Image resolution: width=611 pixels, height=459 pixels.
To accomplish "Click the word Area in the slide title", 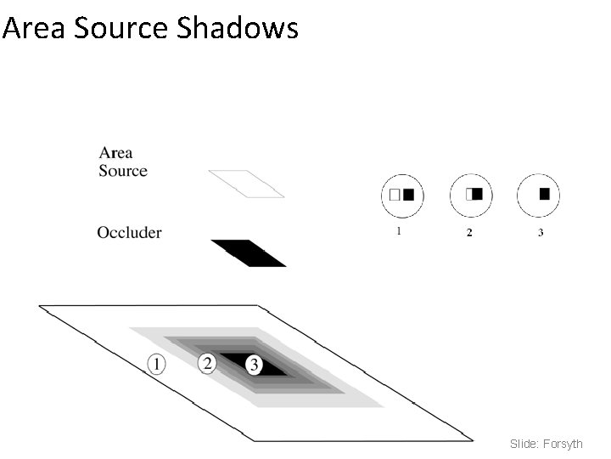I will pyautogui.click(x=34, y=28).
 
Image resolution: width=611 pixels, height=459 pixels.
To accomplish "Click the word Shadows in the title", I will pyautogui.click(x=238, y=28).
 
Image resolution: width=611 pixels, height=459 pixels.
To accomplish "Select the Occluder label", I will pyautogui.click(x=129, y=232).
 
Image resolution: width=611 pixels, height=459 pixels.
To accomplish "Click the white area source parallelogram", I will pyautogui.click(x=246, y=184).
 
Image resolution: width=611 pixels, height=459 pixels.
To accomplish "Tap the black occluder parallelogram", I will pyautogui.click(x=249, y=253).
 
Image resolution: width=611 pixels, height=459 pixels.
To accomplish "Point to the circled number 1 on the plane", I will pyautogui.click(x=156, y=365).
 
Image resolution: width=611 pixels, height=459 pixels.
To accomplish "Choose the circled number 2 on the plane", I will pyautogui.click(x=207, y=364).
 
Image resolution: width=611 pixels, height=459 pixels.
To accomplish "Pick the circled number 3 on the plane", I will pyautogui.click(x=254, y=365).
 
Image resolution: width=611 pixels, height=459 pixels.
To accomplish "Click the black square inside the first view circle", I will pyautogui.click(x=408, y=195).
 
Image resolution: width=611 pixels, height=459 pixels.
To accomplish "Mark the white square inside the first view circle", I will pyautogui.click(x=395, y=195).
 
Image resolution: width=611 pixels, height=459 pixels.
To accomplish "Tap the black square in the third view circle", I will pyautogui.click(x=544, y=194).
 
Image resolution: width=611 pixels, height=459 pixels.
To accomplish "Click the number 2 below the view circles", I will pyautogui.click(x=469, y=233).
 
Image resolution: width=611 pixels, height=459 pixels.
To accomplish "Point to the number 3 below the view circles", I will pyautogui.click(x=541, y=233).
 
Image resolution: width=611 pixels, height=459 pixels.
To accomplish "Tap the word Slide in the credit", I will pyautogui.click(x=522, y=444).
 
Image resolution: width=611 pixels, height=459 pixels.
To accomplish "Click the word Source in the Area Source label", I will pyautogui.click(x=123, y=171).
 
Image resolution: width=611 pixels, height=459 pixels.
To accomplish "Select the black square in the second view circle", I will pyautogui.click(x=477, y=194).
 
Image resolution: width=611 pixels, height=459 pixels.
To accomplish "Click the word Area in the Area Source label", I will pyautogui.click(x=115, y=153).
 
